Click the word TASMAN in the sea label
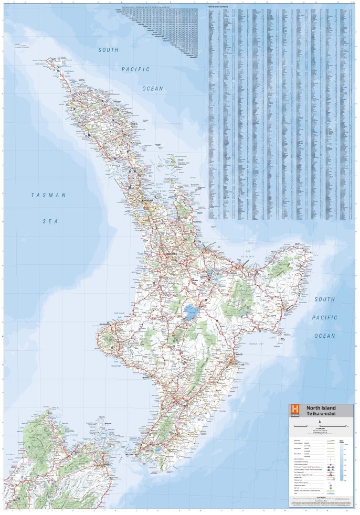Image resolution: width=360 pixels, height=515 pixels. pos(48,195)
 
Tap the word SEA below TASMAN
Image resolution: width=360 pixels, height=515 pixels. pos(50,221)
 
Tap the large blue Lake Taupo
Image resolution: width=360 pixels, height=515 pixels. pos(190,313)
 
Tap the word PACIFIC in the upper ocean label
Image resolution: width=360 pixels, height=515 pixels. pos(135,69)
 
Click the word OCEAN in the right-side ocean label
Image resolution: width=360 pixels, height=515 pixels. pos(324,336)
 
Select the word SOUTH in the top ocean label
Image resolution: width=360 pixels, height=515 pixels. pos(108,50)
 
